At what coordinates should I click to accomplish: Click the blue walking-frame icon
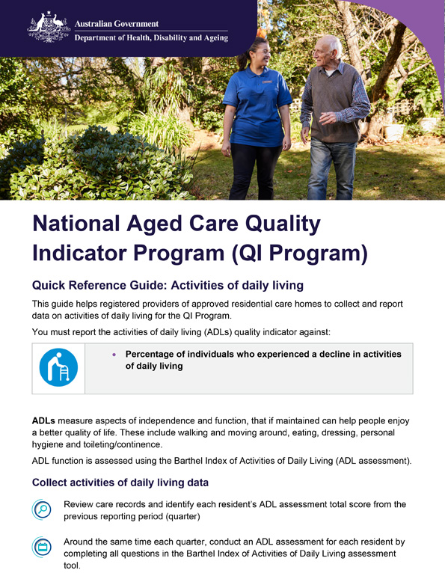click(58, 367)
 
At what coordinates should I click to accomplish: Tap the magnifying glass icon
click(43, 510)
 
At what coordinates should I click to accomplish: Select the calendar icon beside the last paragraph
click(43, 548)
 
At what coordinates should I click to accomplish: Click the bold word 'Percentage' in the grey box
click(155, 354)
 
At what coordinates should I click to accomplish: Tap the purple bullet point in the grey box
click(114, 354)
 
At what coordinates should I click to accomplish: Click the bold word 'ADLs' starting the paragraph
click(43, 421)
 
